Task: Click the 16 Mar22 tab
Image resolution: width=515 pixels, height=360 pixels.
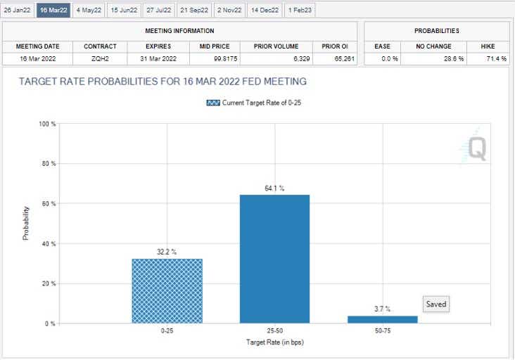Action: [53, 10]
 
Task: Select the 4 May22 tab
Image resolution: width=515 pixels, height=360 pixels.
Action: [89, 10]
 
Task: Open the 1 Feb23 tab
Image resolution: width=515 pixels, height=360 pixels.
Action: [300, 10]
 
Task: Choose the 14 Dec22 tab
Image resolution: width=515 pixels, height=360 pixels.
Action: [264, 10]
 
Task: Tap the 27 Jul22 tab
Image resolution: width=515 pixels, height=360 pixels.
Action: [158, 10]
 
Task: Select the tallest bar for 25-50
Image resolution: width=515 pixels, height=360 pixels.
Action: [274, 259]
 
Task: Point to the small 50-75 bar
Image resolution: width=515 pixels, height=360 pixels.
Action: [382, 319]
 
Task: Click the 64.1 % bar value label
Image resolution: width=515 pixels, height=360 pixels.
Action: [274, 188]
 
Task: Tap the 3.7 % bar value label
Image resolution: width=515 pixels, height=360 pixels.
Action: [382, 309]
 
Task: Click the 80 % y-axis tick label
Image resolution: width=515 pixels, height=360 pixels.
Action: [48, 164]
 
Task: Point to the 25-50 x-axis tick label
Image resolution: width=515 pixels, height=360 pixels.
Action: [274, 330]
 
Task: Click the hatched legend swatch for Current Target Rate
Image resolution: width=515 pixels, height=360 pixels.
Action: [213, 103]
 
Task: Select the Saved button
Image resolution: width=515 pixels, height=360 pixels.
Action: [436, 304]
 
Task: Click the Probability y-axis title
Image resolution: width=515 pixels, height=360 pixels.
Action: [26, 224]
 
